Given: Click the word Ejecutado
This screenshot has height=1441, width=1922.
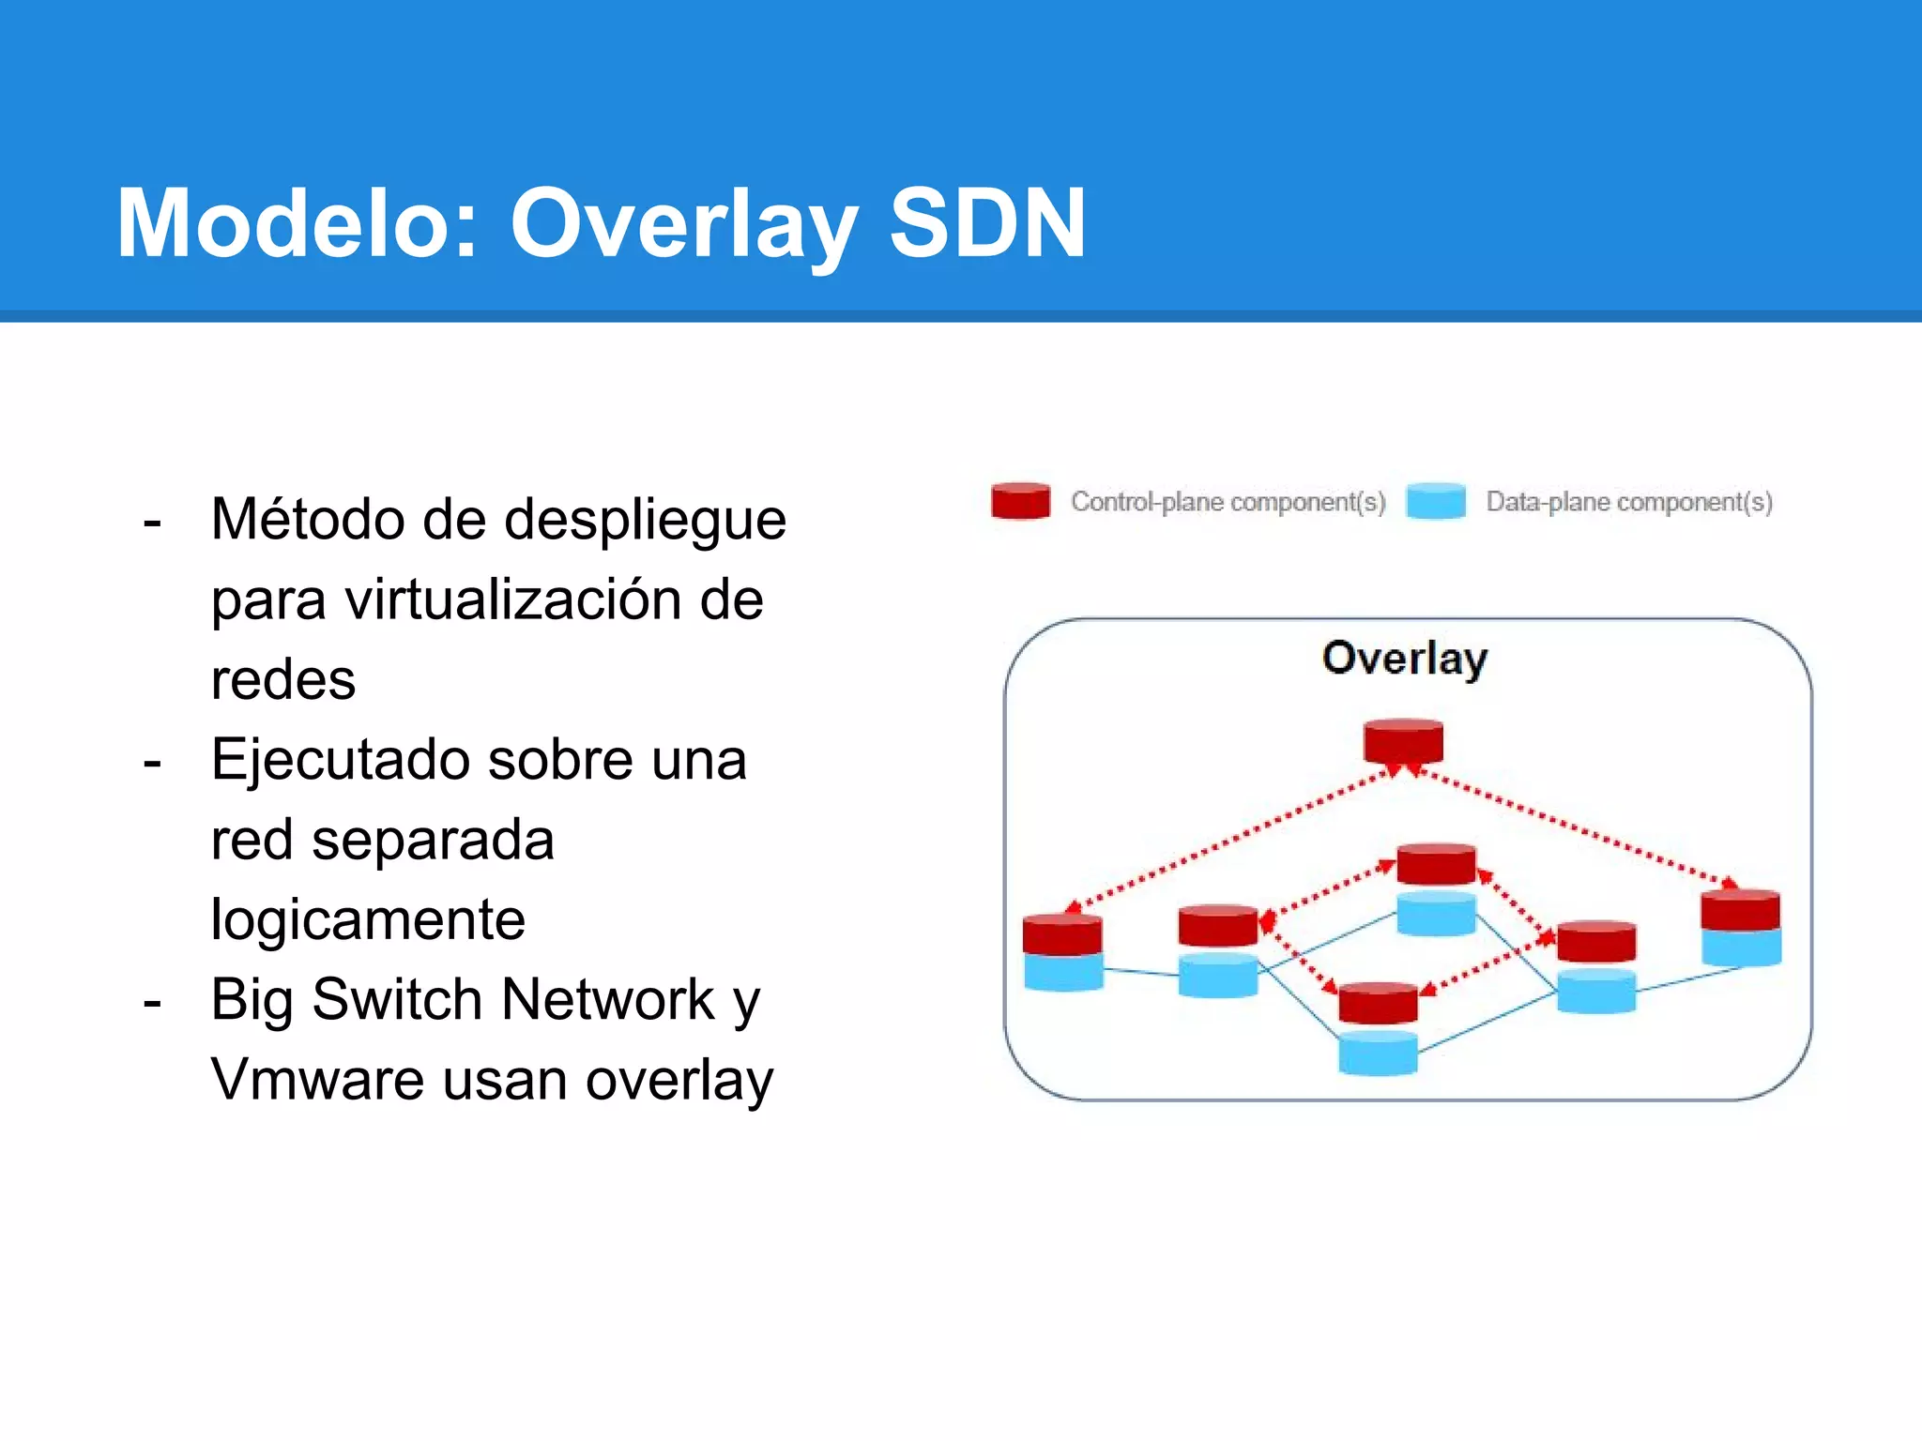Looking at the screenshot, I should (x=339, y=759).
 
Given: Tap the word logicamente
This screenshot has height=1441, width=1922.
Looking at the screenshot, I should (x=368, y=918).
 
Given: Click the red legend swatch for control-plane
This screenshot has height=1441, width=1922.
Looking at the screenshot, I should (x=1020, y=501).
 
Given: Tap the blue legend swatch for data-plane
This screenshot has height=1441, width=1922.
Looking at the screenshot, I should (x=1435, y=501).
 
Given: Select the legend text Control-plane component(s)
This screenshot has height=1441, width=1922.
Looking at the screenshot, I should (x=1228, y=503).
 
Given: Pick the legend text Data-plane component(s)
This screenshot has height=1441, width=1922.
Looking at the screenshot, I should (x=1628, y=503).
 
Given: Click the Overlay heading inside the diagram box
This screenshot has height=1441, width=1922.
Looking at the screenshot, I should (x=1404, y=658).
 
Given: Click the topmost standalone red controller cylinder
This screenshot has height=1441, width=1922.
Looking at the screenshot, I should (x=1403, y=741).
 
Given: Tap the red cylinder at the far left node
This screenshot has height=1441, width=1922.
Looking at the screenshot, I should (x=1062, y=934).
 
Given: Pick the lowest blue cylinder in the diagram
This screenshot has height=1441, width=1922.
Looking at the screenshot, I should (x=1378, y=1054).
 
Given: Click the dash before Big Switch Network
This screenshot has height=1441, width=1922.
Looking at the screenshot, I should (x=152, y=1002).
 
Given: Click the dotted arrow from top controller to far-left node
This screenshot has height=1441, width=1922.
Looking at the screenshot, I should (x=1229, y=839).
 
